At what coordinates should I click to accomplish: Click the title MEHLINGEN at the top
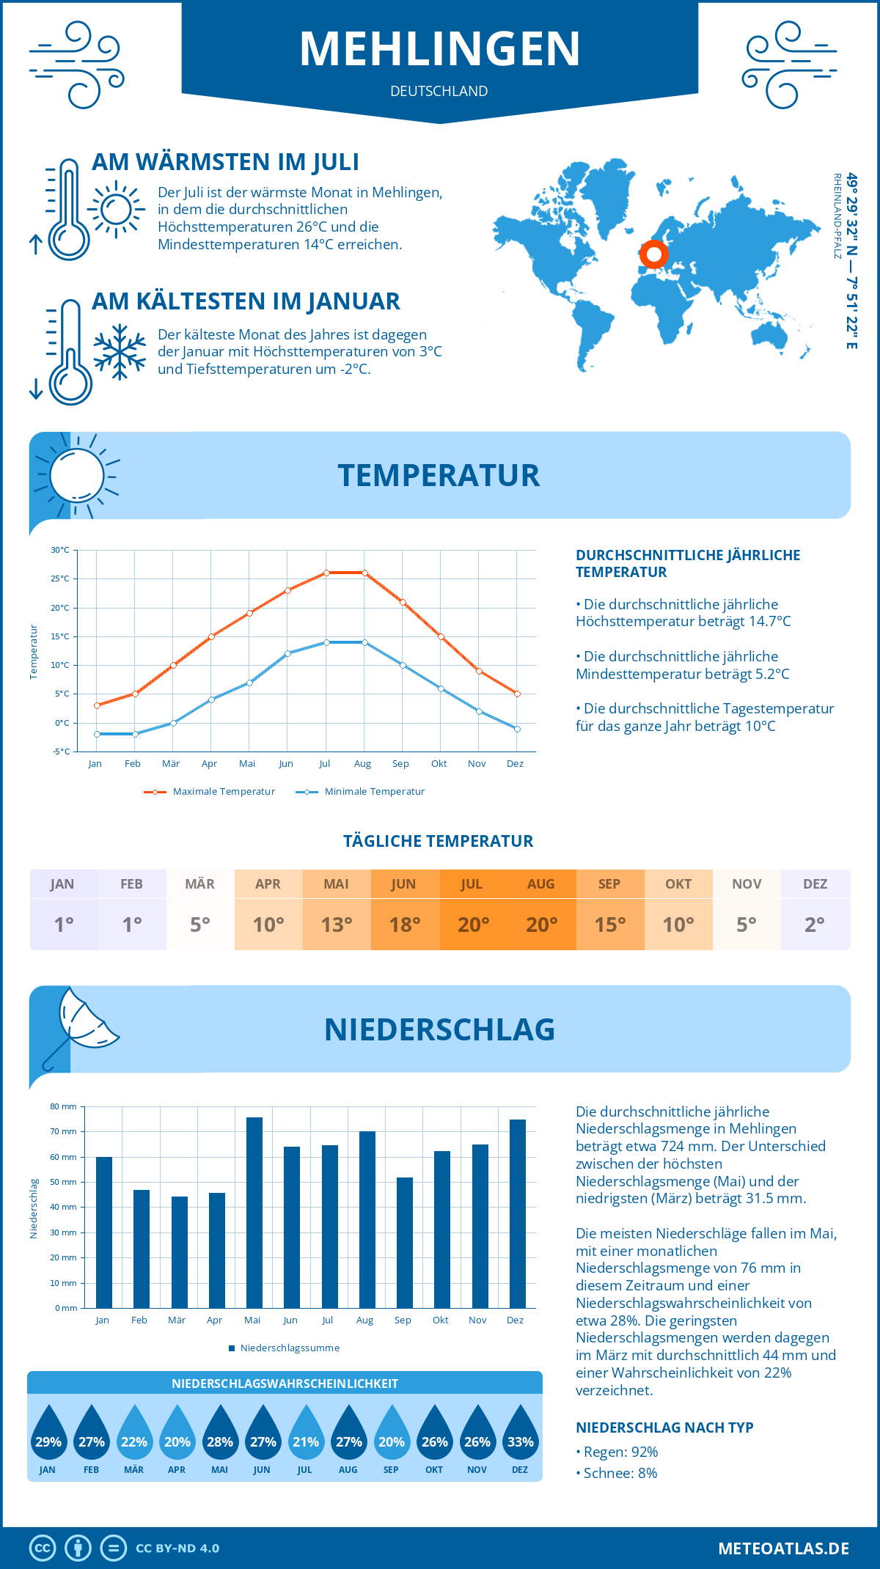click(440, 49)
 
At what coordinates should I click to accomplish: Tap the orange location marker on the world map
click(653, 255)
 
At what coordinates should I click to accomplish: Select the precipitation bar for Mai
click(254, 1213)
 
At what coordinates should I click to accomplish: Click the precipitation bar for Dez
click(518, 1213)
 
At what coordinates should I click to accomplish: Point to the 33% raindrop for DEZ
click(520, 1433)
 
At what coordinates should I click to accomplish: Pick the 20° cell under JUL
click(473, 924)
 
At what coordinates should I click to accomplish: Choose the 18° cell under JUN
click(405, 924)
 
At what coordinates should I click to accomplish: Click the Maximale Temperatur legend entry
click(210, 792)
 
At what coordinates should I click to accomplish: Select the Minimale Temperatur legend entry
click(361, 792)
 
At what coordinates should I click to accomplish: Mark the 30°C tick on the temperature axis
click(60, 550)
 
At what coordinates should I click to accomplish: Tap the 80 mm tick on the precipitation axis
click(63, 1106)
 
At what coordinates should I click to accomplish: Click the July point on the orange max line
click(326, 573)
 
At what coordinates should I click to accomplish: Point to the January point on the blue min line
click(97, 734)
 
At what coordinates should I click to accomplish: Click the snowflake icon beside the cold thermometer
click(120, 352)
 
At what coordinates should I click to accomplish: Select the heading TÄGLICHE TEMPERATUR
click(439, 842)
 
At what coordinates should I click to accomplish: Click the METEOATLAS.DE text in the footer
click(783, 1548)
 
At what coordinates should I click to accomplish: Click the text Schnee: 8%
click(620, 1473)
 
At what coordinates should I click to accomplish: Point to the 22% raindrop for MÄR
click(134, 1433)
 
